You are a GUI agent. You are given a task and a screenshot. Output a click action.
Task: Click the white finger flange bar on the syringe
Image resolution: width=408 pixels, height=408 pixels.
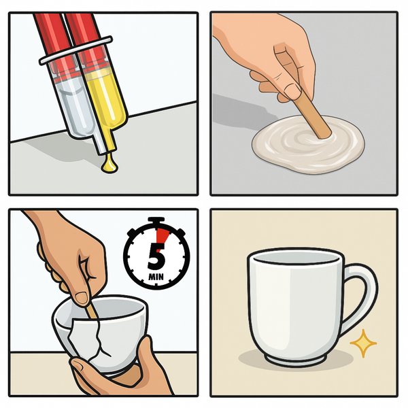75,50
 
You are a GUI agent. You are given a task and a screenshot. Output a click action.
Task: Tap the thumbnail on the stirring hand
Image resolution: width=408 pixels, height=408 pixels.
293,91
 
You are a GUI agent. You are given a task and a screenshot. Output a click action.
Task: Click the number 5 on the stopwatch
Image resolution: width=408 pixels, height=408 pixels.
157,256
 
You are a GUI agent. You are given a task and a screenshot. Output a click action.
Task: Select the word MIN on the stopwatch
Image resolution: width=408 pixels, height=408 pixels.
156,276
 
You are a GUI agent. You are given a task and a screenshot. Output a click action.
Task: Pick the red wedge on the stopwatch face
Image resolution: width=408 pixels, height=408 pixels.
162,236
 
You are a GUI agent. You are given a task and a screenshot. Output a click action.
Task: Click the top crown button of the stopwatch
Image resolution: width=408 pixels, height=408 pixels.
156,220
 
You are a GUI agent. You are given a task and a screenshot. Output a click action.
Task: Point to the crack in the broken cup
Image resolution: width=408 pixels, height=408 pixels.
100,338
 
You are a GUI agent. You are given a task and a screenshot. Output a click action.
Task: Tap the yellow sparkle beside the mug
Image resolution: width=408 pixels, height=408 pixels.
363,343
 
